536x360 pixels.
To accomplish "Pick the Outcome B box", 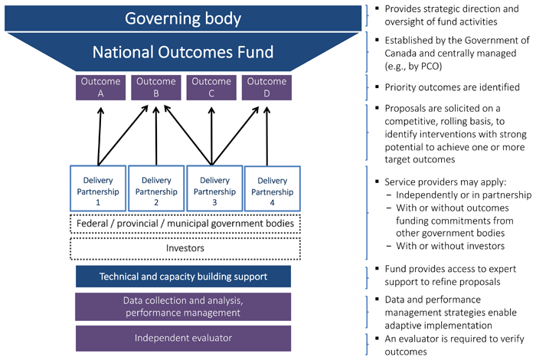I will click(x=155, y=87).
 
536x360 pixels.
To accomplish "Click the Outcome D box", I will click(x=266, y=87).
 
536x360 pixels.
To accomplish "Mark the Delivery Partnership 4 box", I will click(x=268, y=188).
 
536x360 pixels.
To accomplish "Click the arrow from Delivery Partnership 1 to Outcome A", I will click(x=98, y=134).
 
